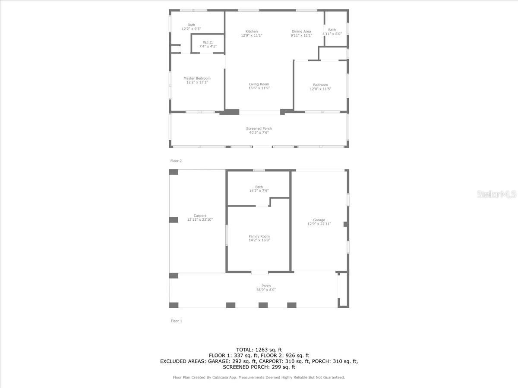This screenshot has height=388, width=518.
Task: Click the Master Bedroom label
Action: [197, 78]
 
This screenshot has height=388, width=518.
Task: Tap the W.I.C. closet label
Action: [208, 42]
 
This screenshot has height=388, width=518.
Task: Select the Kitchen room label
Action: [252, 31]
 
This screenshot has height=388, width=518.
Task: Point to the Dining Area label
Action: [301, 31]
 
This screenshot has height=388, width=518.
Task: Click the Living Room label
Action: [259, 84]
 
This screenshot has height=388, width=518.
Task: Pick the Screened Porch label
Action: [259, 128]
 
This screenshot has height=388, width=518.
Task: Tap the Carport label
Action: [200, 216]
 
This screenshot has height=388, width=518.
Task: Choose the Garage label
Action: [319, 220]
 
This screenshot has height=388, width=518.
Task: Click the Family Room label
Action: [259, 236]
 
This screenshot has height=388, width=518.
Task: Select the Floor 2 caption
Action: [176, 161]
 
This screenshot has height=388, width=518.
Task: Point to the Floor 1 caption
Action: [177, 321]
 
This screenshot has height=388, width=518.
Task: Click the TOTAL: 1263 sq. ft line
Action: [259, 350]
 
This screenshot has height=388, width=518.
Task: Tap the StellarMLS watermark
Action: [496, 194]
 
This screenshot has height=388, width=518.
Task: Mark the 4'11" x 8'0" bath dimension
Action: [332, 34]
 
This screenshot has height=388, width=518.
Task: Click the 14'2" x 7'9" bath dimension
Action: [259, 191]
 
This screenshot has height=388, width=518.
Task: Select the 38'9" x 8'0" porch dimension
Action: [266, 290]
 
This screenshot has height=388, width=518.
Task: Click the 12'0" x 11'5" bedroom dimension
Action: [320, 89]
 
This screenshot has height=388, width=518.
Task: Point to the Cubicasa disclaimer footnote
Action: [259, 377]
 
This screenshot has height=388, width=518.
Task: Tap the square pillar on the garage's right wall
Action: [345, 224]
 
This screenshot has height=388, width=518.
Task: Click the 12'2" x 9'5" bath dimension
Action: [191, 29]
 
